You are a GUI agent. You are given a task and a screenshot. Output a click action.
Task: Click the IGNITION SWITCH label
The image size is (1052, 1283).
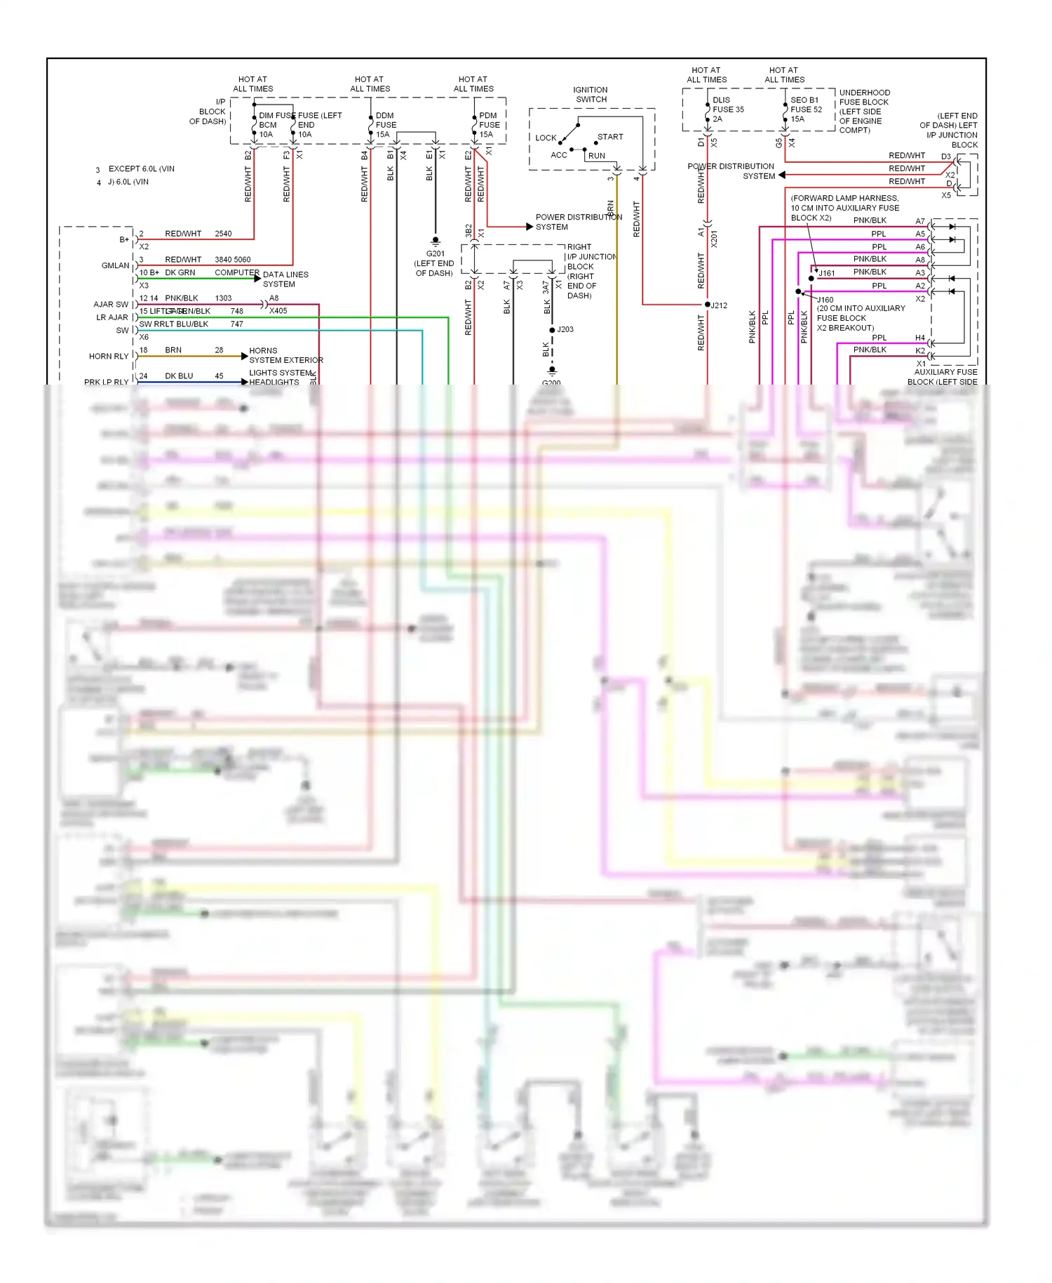coord(591,95)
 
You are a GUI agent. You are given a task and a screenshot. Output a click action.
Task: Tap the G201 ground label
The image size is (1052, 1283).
coord(435,254)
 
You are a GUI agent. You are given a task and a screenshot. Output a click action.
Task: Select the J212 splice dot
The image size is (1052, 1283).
coord(707,305)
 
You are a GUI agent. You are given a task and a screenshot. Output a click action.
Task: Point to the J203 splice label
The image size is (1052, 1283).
coord(565,329)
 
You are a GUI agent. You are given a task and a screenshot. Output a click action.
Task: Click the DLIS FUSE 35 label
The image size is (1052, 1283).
coord(728,109)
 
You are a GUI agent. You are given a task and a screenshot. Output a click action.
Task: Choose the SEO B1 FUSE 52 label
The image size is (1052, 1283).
coord(806,109)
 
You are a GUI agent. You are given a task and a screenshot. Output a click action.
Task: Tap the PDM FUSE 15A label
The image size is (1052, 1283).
coord(489,125)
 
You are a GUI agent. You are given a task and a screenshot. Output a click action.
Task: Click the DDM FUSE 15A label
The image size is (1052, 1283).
coord(385,125)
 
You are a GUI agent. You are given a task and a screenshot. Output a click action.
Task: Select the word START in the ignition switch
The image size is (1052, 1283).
coord(610,137)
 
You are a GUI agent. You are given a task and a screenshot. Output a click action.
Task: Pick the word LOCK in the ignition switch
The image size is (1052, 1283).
coord(546,138)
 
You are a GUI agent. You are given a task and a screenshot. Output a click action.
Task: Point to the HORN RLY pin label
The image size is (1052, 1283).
coord(109,357)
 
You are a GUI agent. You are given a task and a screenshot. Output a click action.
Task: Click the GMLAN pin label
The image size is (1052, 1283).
coord(115,266)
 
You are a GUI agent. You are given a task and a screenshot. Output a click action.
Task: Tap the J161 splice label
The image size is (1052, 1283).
coord(827,274)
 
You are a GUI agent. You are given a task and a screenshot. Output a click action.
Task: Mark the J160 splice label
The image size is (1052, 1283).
coord(825,300)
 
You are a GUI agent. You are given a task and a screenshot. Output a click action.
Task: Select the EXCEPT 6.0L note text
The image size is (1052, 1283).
coord(141,169)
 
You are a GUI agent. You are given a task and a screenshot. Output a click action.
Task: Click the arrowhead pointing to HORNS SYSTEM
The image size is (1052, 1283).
coord(244,357)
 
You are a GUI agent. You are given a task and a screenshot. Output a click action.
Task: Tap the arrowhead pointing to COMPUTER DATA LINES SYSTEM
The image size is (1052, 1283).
coord(257,279)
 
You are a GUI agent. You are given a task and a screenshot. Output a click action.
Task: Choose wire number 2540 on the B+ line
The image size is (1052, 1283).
coord(223,234)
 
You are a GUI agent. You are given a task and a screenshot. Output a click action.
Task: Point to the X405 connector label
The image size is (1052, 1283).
coord(278,311)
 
